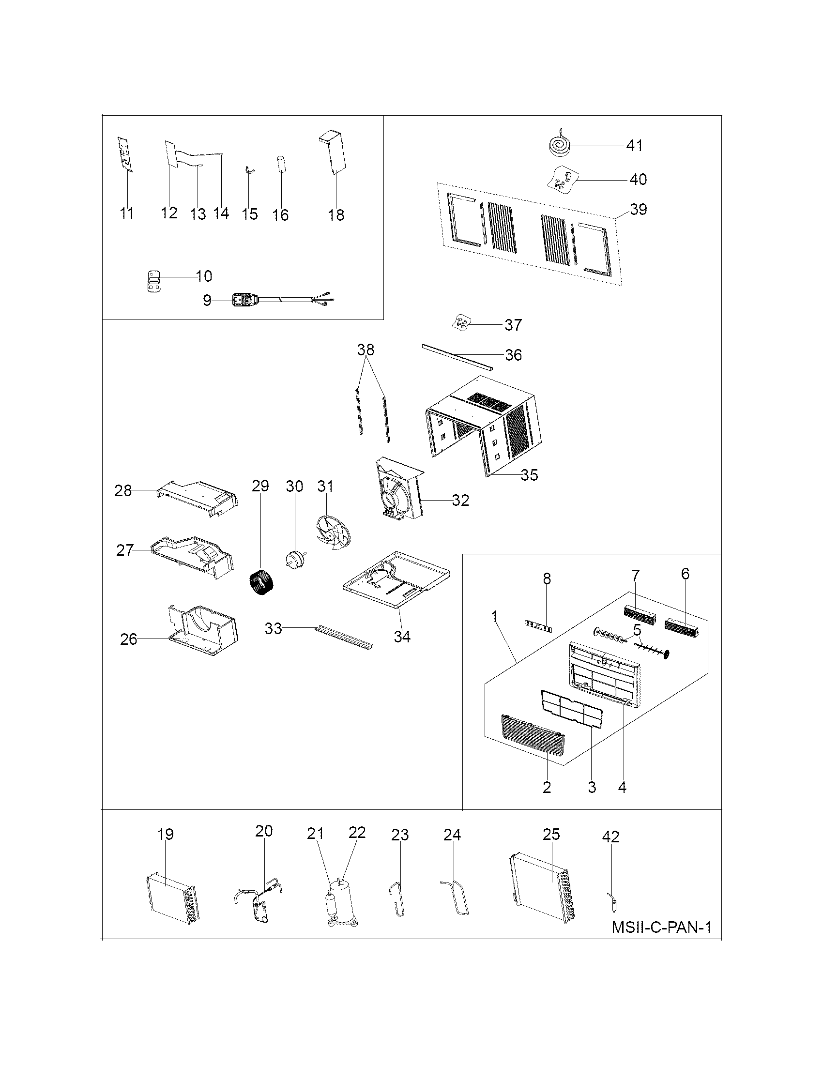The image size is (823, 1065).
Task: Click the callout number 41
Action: pyautogui.click(x=634, y=145)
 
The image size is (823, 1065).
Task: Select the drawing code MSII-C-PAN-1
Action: pyautogui.click(x=661, y=927)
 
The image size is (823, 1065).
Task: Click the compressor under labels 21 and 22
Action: pyautogui.click(x=341, y=902)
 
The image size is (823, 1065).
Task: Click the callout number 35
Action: pyautogui.click(x=529, y=474)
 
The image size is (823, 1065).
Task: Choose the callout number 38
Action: pyautogui.click(x=366, y=349)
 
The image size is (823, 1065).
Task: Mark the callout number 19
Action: pyautogui.click(x=165, y=835)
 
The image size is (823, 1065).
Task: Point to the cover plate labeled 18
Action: pyautogui.click(x=333, y=152)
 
